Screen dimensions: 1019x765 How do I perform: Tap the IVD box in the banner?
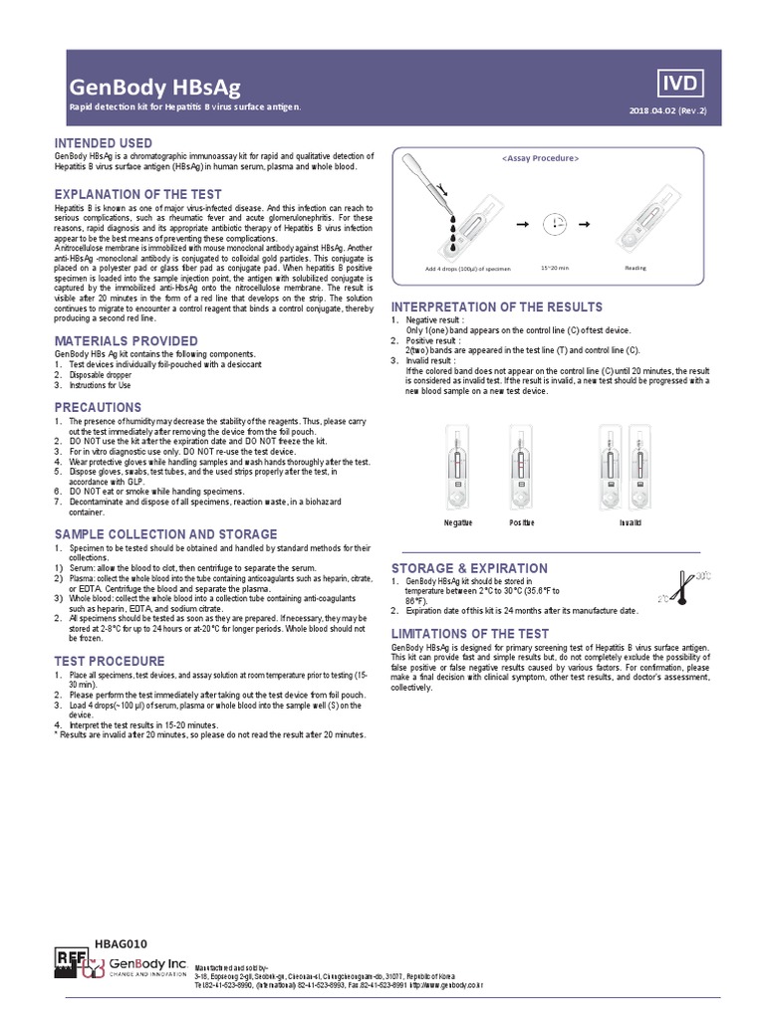click(681, 82)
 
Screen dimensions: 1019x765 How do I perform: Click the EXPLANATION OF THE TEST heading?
click(137, 193)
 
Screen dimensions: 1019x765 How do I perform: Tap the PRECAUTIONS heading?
click(98, 407)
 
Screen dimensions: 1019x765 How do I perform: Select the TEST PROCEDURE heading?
click(110, 661)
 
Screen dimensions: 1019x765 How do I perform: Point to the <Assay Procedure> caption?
click(540, 158)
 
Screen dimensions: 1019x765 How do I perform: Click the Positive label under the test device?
click(522, 522)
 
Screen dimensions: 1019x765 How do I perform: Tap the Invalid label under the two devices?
click(630, 522)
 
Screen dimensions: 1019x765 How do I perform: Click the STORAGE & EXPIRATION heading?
click(469, 568)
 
